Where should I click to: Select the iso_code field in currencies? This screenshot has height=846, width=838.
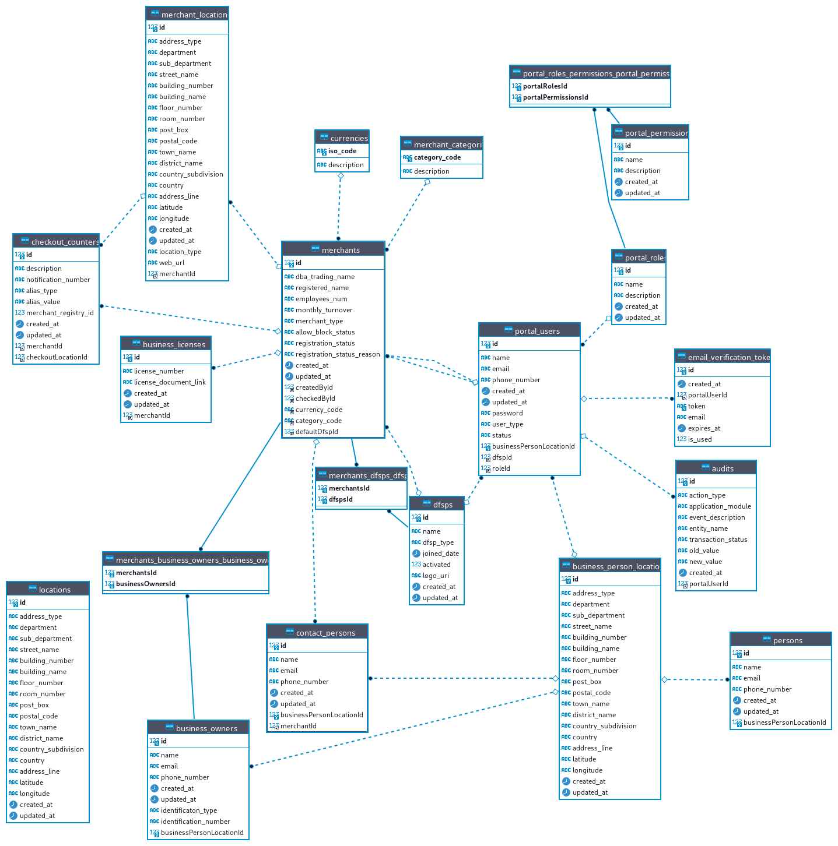pyautogui.click(x=342, y=151)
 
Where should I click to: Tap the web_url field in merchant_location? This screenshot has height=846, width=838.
pyautogui.click(x=171, y=263)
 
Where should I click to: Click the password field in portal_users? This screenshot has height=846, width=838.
pyautogui.click(x=507, y=413)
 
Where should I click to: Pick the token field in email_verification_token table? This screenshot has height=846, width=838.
pyautogui.click(x=696, y=406)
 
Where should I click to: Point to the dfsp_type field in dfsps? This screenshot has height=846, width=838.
pyautogui.click(x=438, y=542)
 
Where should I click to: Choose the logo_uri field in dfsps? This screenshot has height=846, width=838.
pyautogui.click(x=436, y=576)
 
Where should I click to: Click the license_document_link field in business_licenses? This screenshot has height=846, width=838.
pyautogui.click(x=170, y=382)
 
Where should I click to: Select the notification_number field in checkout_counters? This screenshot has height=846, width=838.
pyautogui.click(x=58, y=280)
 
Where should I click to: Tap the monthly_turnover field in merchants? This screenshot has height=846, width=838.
pyautogui.click(x=324, y=310)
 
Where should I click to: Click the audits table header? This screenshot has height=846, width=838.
pyautogui.click(x=716, y=468)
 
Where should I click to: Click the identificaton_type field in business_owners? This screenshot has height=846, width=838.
pyautogui.click(x=188, y=810)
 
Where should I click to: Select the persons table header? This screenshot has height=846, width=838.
pyautogui.click(x=781, y=640)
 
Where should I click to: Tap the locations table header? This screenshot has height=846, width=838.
pyautogui.click(x=48, y=590)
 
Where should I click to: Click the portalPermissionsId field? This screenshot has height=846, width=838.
pyautogui.click(x=555, y=97)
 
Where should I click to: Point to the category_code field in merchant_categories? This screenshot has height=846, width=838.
pyautogui.click(x=437, y=157)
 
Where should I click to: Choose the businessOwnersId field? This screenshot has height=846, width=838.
pyautogui.click(x=145, y=584)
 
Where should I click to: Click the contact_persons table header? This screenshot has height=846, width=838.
pyautogui.click(x=318, y=633)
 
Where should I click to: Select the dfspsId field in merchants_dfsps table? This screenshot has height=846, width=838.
pyautogui.click(x=341, y=499)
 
